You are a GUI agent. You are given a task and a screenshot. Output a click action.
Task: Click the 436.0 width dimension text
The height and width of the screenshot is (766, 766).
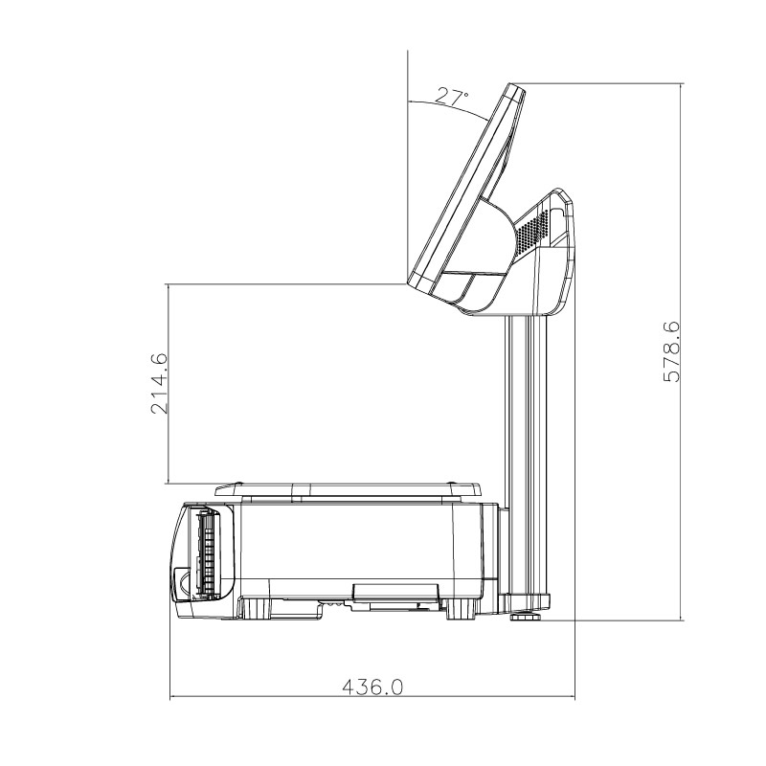pyautogui.click(x=373, y=687)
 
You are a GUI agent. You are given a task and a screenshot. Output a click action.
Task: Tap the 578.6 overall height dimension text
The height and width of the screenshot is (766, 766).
pyautogui.click(x=672, y=351)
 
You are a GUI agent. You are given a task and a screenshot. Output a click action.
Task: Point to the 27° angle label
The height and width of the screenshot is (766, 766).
pyautogui.click(x=452, y=96)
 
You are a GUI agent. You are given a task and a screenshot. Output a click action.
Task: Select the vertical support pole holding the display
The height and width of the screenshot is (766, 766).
pyautogui.click(x=523, y=450)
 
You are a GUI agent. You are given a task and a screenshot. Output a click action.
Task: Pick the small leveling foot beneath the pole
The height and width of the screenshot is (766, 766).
pyautogui.click(x=524, y=615)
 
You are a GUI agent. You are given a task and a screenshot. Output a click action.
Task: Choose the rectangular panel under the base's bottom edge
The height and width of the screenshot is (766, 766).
pyautogui.click(x=394, y=593)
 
